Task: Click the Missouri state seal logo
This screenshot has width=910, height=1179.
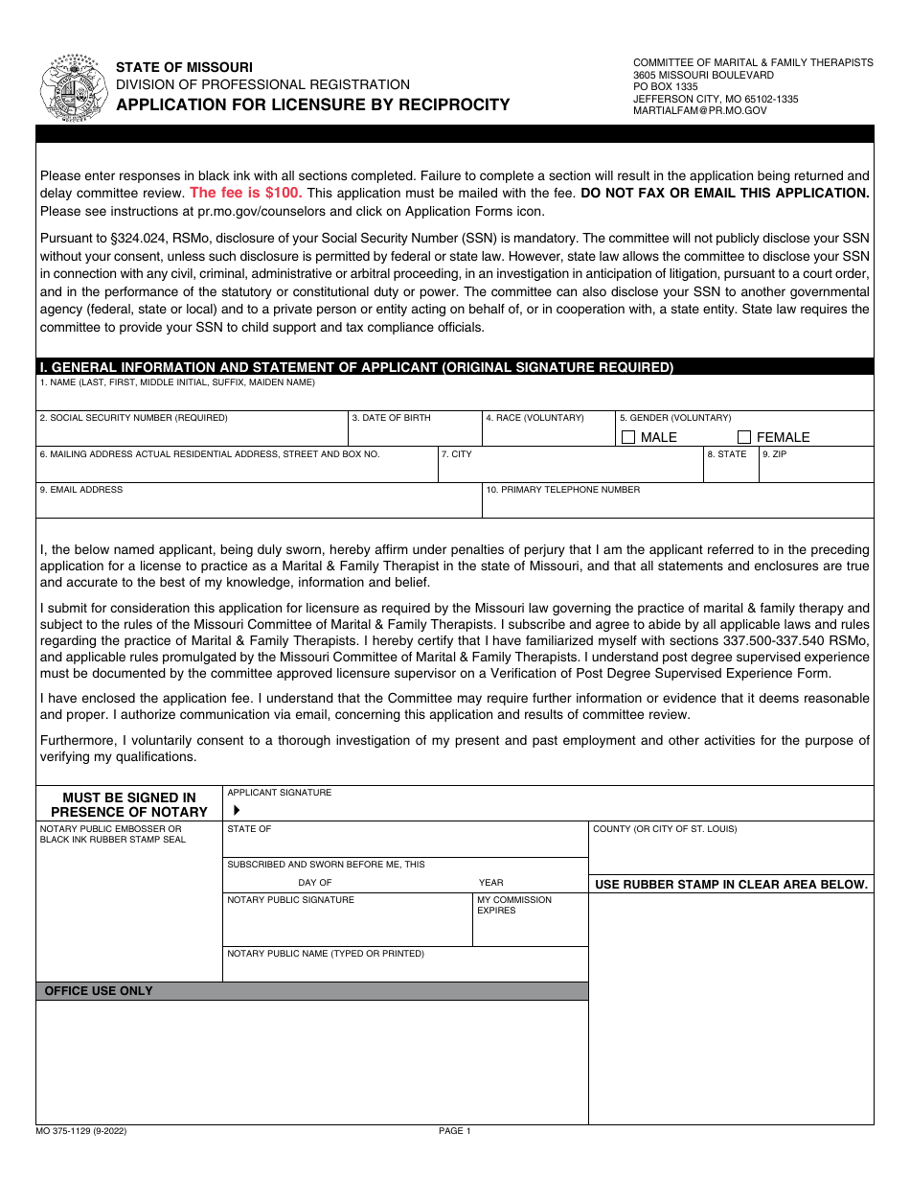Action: click(75, 87)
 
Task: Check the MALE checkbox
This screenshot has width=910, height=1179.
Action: click(628, 437)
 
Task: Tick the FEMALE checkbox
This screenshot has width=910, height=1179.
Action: click(744, 437)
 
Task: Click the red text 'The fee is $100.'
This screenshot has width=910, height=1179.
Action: click(246, 193)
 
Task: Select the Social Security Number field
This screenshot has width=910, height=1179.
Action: click(192, 434)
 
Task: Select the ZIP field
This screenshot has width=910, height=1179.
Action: click(816, 469)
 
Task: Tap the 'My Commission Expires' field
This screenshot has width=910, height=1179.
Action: click(531, 926)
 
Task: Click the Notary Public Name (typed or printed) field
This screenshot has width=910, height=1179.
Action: click(405, 968)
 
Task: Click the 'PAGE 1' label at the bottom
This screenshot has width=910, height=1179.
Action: click(455, 1131)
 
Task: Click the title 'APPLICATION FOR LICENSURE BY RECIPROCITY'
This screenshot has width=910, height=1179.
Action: click(313, 104)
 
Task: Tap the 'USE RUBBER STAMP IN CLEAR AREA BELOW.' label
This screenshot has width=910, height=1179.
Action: click(731, 885)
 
